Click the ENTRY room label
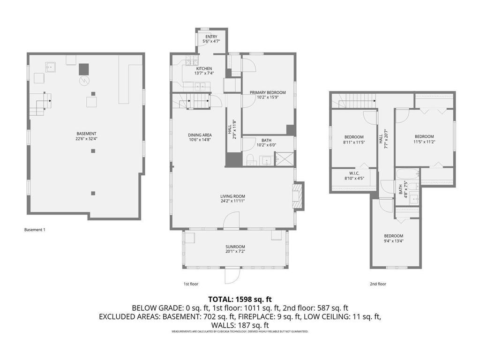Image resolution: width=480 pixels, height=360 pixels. [211, 37]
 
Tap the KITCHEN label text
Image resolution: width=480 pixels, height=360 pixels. [204, 69]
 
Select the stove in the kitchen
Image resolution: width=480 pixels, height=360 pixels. [190, 60]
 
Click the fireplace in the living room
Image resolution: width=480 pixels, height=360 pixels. [298, 194]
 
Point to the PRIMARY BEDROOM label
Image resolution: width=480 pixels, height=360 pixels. [267, 93]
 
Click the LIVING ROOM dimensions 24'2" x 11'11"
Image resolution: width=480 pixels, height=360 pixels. [233, 201]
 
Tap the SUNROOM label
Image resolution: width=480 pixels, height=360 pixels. [235, 247]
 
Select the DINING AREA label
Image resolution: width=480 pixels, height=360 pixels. [200, 135]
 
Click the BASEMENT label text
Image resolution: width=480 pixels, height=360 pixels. [86, 134]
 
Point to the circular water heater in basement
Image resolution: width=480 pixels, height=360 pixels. [83, 81]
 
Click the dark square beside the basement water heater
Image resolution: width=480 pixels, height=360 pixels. [83, 68]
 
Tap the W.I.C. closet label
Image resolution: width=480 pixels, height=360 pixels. [353, 173]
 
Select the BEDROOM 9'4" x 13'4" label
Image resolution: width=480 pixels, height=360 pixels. [393, 236]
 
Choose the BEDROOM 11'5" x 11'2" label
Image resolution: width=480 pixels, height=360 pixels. [423, 137]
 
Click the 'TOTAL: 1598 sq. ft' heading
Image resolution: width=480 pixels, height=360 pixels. [240, 299]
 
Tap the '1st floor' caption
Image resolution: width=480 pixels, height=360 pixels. [191, 284]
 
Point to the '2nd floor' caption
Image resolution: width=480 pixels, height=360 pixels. [378, 284]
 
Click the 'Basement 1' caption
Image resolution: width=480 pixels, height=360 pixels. [35, 230]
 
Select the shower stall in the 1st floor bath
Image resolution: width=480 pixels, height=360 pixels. [284, 159]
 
